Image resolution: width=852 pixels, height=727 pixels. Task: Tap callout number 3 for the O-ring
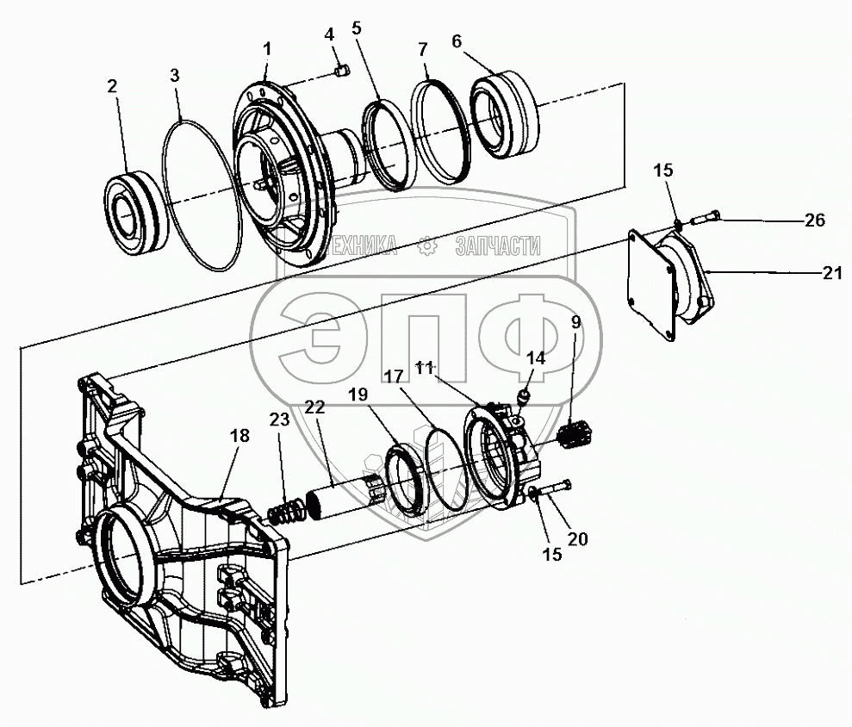tap(175, 75)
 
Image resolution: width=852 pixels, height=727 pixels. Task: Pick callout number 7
tap(423, 50)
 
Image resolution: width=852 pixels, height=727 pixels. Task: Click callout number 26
tap(814, 221)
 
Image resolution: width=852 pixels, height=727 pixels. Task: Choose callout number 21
tap(830, 273)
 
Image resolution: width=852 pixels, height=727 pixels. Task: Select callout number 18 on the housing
tap(239, 436)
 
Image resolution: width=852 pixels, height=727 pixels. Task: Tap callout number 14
tap(536, 357)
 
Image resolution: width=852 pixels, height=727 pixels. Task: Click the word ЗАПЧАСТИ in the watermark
tap(497, 248)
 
